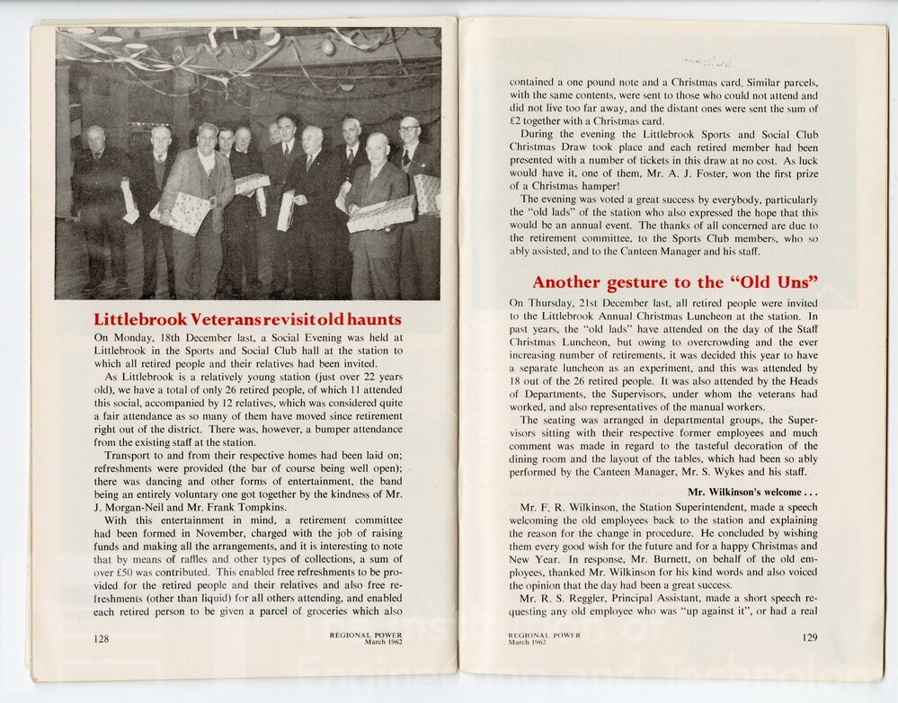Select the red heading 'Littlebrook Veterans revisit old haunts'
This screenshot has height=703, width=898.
[247, 319]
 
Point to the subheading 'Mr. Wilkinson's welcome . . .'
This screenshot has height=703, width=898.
[752, 492]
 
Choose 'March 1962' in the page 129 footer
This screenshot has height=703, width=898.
[529, 642]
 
